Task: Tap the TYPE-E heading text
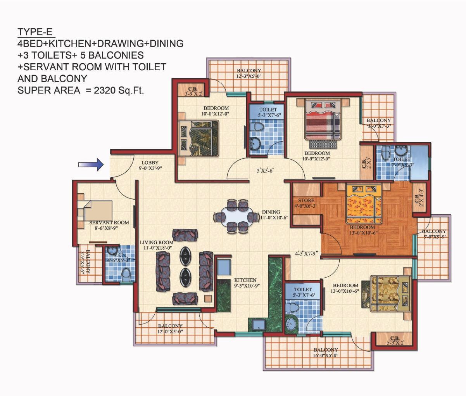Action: point(35,32)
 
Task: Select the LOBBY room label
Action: point(150,163)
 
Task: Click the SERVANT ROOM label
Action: point(109,223)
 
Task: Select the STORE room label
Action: point(306,201)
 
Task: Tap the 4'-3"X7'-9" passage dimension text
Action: point(306,254)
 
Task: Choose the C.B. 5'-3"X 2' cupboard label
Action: point(395,340)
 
